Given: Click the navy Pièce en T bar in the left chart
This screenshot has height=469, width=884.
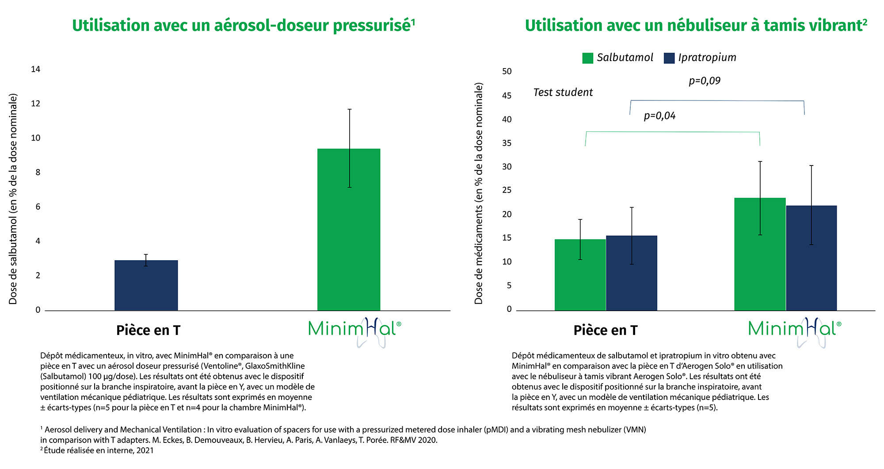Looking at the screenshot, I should pyautogui.click(x=146, y=285).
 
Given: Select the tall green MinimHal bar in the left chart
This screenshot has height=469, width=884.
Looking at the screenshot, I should pyautogui.click(x=349, y=230).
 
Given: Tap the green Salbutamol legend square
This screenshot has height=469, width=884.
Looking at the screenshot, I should pyautogui.click(x=587, y=58).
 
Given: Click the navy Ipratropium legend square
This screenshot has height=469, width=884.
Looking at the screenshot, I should pyautogui.click(x=669, y=58).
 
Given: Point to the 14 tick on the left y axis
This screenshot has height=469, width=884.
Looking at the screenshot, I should pyautogui.click(x=35, y=69).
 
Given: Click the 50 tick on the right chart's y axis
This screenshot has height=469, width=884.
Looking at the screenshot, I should pyautogui.click(x=507, y=71).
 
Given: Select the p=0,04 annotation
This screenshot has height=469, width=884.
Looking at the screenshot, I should pyautogui.click(x=659, y=116).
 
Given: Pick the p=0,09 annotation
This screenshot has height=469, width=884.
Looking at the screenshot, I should pyautogui.click(x=705, y=81).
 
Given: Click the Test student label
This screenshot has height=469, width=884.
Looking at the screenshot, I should pyautogui.click(x=563, y=92).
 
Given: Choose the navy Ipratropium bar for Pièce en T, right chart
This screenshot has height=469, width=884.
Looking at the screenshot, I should pyautogui.click(x=631, y=273).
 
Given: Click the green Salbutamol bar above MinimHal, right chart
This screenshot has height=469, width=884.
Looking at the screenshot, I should pyautogui.click(x=760, y=254).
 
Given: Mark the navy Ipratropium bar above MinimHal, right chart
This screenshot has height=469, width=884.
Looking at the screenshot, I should pyautogui.click(x=811, y=258).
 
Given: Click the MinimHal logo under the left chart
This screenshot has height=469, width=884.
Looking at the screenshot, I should pyautogui.click(x=354, y=330).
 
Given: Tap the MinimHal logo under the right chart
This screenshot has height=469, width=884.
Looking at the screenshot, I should pyautogui.click(x=795, y=330).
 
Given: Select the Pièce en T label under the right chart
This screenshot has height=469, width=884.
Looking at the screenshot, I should pyautogui.click(x=605, y=331).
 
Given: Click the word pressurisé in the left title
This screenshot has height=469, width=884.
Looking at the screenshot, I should pyautogui.click(x=373, y=26).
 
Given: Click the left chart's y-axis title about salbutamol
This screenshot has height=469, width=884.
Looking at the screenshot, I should pyautogui.click(x=13, y=199).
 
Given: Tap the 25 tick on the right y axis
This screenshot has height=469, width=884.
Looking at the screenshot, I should pyautogui.click(x=507, y=190).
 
